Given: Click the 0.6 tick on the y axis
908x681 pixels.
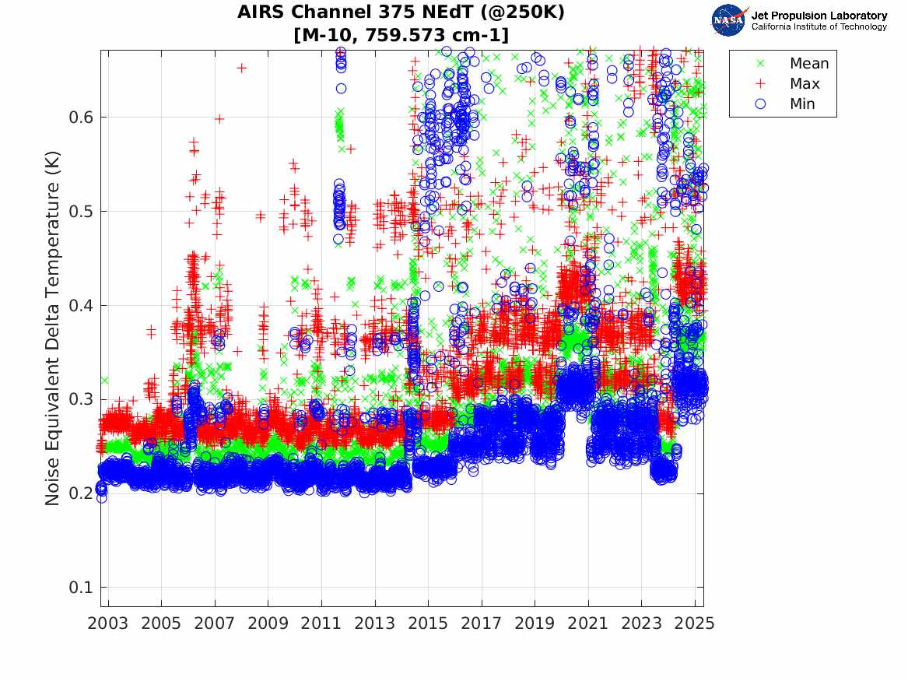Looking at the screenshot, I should tap(81, 118).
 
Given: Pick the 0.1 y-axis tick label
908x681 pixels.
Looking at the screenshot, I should tap(81, 588).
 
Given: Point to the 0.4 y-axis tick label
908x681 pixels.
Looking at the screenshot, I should tap(81, 305).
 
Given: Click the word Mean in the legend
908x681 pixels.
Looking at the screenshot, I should tap(809, 64).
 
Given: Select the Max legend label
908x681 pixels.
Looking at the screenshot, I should tap(805, 84).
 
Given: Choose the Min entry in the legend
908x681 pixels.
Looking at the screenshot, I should tap(803, 104).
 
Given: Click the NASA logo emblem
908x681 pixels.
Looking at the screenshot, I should tap(729, 19).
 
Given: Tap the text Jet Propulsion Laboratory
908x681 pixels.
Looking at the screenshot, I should tap(819, 16).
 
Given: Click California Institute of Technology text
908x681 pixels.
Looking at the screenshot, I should tap(819, 27).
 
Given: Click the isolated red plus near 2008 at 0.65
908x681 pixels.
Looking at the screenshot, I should tap(241, 68).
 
